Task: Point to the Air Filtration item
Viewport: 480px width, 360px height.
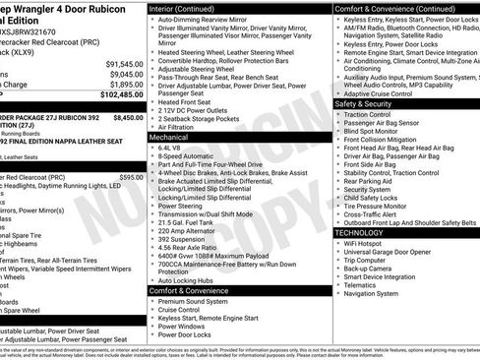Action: pos(180,127)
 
